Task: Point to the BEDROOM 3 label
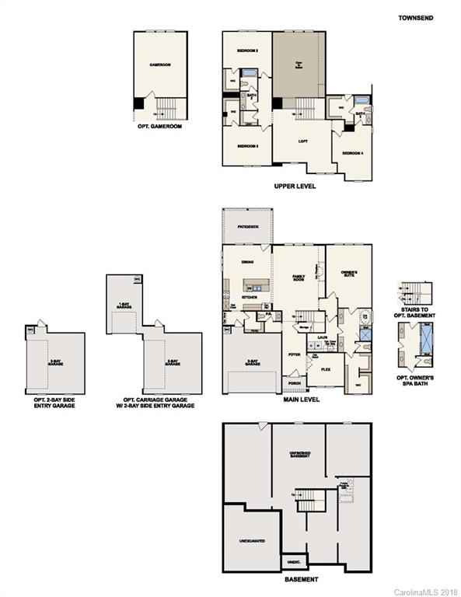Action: [247, 146]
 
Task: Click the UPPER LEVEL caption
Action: [295, 187]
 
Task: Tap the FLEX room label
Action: [326, 369]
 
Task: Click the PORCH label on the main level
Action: [294, 383]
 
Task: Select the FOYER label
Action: [294, 354]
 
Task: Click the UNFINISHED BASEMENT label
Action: [299, 456]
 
